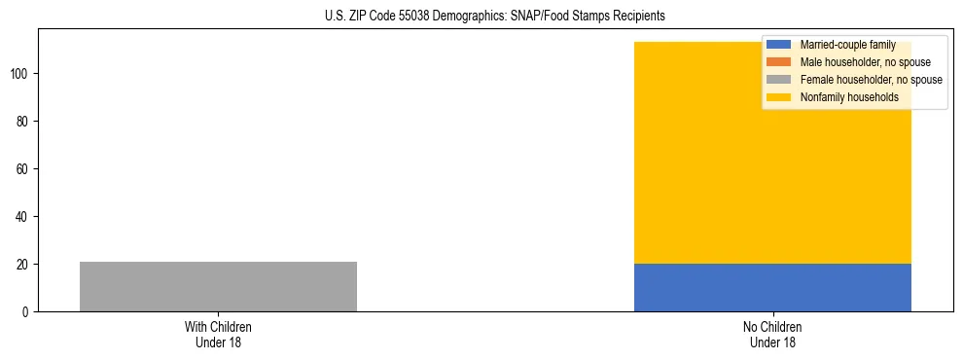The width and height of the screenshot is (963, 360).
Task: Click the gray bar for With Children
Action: pos(218,286)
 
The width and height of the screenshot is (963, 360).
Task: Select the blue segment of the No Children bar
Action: pos(772,287)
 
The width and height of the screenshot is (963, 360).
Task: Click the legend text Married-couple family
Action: pos(847,45)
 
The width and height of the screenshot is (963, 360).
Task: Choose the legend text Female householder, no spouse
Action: pos(871,80)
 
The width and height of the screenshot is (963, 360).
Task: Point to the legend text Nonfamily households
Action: pos(849,97)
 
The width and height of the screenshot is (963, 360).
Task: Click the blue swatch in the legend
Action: pos(778,45)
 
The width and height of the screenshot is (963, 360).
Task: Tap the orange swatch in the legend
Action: pos(778,62)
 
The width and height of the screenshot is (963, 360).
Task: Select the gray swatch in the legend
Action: pos(778,80)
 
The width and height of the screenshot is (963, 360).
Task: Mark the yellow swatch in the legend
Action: pos(778,97)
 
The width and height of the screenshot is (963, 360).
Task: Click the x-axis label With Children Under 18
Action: pos(218,335)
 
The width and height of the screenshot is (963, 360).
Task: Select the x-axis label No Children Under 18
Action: pos(772,335)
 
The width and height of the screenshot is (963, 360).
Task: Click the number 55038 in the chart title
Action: pos(429,17)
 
